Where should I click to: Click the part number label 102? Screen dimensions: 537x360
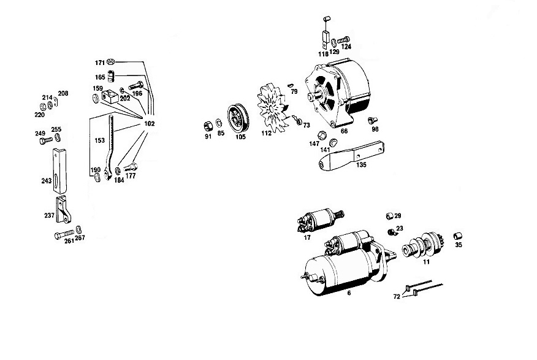tap(150, 124)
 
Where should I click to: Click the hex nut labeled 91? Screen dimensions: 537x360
tap(207, 126)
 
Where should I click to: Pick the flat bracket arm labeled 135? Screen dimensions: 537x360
tap(351, 156)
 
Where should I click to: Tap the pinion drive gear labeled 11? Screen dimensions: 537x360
tap(424, 245)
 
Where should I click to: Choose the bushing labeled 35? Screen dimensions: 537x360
tap(457, 236)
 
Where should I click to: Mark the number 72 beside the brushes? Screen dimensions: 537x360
tap(397, 297)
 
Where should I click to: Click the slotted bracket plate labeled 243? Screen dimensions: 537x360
tap(59, 171)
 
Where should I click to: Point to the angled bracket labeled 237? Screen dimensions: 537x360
tap(63, 209)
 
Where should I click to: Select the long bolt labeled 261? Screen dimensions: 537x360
tap(64, 235)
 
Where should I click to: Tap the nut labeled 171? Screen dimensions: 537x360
tap(110, 62)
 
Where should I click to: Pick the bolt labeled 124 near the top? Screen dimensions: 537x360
tap(343, 40)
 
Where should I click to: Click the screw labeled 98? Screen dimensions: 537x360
tap(372, 120)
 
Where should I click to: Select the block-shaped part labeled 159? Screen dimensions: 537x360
tap(110, 96)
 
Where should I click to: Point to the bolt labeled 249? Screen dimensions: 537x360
tap(46, 140)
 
